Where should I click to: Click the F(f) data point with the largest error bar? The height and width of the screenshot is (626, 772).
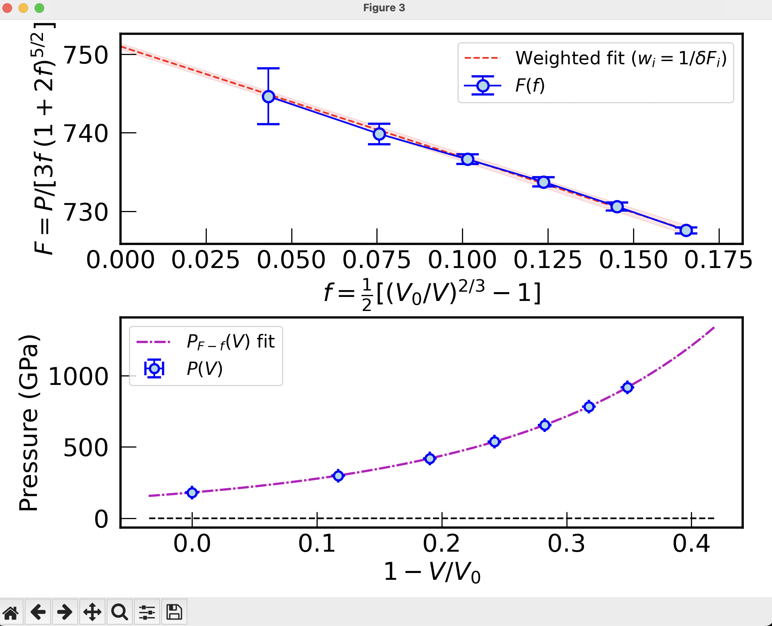[268, 96]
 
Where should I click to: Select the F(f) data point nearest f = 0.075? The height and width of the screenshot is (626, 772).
[379, 134]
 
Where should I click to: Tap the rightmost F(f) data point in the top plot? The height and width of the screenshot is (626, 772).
[686, 230]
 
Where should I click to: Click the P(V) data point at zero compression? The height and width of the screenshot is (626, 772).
[192, 493]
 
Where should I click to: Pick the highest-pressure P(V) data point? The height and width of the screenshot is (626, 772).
[627, 387]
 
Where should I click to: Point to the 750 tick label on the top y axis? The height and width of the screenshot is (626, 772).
[86, 55]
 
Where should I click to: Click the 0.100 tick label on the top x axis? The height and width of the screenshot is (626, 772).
[462, 260]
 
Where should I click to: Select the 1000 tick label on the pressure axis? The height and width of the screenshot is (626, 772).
[78, 377]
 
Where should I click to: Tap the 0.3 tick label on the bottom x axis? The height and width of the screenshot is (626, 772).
[566, 544]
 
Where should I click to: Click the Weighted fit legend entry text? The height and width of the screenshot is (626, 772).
[621, 59]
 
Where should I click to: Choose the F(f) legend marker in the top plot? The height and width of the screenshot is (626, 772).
[483, 86]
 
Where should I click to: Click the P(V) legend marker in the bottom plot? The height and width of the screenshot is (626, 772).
[154, 368]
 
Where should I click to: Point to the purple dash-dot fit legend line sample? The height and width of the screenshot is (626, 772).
[154, 342]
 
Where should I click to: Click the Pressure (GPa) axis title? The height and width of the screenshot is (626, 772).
[29, 422]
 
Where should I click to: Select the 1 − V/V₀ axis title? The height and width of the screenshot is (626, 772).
[432, 572]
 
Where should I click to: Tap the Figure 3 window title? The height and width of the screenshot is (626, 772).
[384, 8]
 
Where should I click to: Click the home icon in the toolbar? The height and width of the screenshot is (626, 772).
[11, 612]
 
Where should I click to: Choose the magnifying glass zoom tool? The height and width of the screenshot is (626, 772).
[119, 612]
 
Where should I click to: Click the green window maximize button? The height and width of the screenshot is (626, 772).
[39, 8]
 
